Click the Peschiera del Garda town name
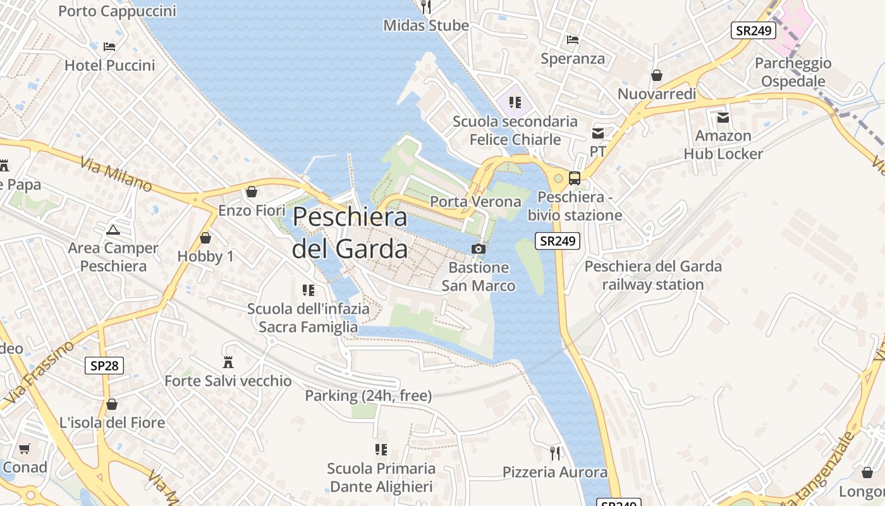350,233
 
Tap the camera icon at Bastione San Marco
479,249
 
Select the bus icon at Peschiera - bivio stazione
574,178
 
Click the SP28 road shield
104,365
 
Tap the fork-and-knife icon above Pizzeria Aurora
555,453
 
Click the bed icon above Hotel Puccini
109,47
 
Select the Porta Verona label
475,202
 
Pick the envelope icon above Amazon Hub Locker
723,118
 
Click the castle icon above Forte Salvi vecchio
228,362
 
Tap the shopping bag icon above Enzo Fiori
252,191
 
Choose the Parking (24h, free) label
369,396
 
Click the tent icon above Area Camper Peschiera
113,230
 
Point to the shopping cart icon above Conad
25,449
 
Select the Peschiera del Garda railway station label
653,275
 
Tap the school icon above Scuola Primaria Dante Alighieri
381,450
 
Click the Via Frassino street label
39,373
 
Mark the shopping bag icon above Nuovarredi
657,75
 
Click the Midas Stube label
426,25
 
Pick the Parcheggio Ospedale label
802,72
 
